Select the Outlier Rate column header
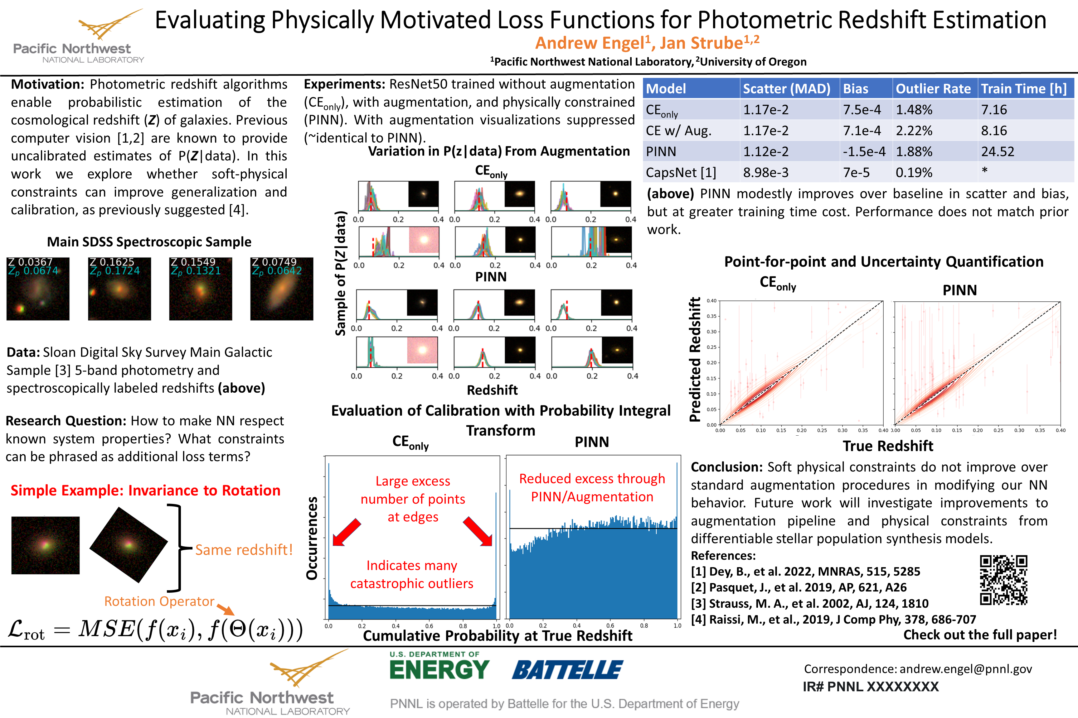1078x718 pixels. pyautogui.click(x=933, y=89)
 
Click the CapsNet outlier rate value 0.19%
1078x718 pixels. pyautogui.click(x=914, y=173)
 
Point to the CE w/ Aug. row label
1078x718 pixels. pyautogui.click(x=678, y=131)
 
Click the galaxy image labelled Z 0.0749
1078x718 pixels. pyautogui.click(x=281, y=289)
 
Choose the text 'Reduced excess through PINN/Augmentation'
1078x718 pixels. pyautogui.click(x=592, y=488)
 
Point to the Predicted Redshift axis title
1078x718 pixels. pyautogui.click(x=695, y=359)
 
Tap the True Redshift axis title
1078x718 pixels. pyautogui.click(x=888, y=446)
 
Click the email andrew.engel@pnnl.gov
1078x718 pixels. pyautogui.click(x=966, y=669)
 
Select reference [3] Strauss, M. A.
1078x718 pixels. pyautogui.click(x=809, y=604)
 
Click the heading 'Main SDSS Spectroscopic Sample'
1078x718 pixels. pyautogui.click(x=149, y=242)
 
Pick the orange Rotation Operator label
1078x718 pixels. pyautogui.click(x=159, y=601)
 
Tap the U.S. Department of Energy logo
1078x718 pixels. pyautogui.click(x=439, y=666)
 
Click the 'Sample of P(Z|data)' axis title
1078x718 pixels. pyautogui.click(x=340, y=273)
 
